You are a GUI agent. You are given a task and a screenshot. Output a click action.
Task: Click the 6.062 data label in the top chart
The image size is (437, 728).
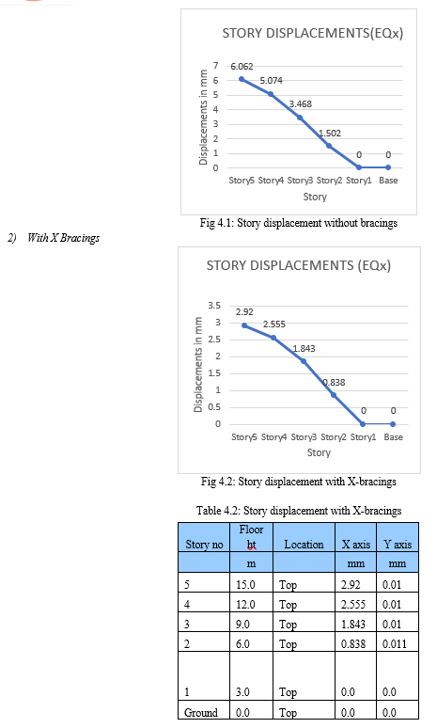coord(242,67)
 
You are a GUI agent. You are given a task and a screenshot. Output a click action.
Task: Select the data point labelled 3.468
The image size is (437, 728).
coord(300,118)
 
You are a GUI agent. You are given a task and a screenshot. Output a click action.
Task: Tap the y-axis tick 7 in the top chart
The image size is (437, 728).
coord(216,66)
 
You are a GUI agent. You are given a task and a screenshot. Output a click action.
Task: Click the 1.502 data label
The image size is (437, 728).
coord(330,134)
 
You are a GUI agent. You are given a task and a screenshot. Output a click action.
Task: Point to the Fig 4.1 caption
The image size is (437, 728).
coord(298,223)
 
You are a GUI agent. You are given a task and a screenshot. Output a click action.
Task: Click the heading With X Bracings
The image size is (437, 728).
coord(63,238)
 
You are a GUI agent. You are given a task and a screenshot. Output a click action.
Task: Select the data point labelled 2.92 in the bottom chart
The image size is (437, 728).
coord(244,325)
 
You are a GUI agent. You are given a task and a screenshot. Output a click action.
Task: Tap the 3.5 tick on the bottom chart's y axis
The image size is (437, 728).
coord(214,306)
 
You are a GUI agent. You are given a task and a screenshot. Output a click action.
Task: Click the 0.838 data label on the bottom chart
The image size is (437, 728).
coord(334,383)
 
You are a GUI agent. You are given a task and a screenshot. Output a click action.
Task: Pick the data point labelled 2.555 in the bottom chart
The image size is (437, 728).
coord(273,338)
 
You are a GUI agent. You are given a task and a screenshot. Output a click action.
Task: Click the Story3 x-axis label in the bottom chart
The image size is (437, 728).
coord(304,436)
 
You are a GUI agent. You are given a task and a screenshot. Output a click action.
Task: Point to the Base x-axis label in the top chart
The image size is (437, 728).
coord(388,181)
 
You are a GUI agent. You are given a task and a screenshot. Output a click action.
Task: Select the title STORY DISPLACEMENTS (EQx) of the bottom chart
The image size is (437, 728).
coord(299,265)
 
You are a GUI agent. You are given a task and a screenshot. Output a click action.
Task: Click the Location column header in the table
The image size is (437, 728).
coord(304,545)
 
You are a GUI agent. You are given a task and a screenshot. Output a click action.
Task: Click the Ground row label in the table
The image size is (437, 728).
coord(201,712)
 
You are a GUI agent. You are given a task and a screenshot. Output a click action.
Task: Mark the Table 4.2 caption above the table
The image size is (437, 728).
coord(299,511)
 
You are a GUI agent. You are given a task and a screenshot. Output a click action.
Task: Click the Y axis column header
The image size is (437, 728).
coord(398,545)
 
